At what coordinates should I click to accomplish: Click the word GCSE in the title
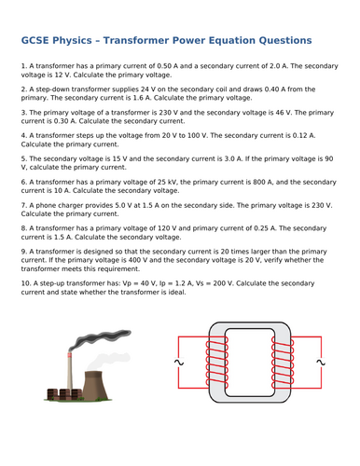coord(37,40)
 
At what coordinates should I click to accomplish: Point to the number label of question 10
coord(26,282)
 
